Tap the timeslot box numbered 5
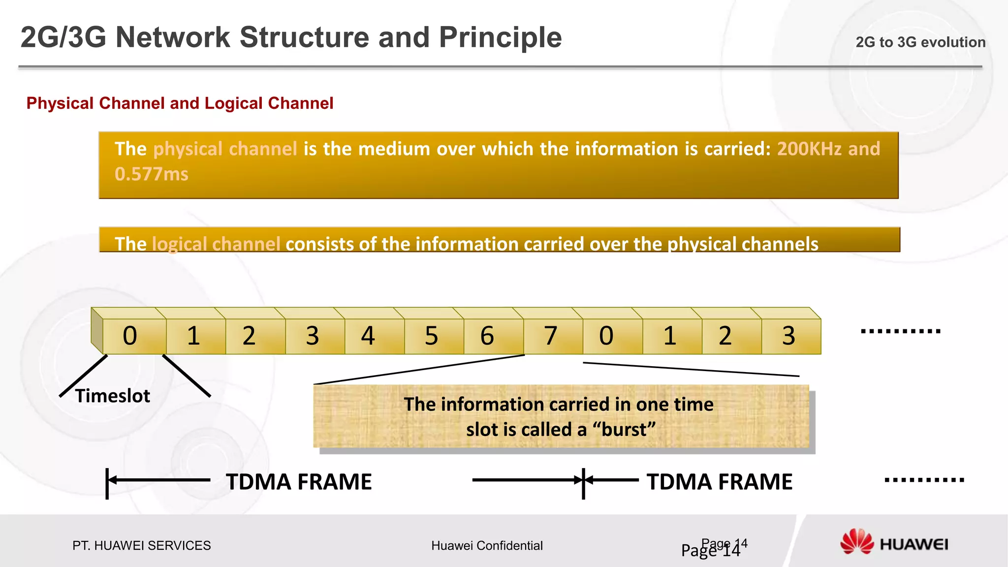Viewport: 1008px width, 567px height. click(x=434, y=336)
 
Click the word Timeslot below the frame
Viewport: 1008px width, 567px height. click(x=113, y=396)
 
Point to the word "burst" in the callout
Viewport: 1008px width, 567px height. click(x=624, y=430)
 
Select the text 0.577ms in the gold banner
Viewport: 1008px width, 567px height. click(x=152, y=174)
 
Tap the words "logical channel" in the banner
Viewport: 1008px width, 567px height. click(x=216, y=244)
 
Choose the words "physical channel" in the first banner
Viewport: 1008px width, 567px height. click(x=225, y=149)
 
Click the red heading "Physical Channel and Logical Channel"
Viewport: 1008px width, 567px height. click(x=180, y=103)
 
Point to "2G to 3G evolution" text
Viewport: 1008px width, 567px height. click(x=920, y=42)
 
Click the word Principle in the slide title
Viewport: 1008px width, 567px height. click(x=500, y=37)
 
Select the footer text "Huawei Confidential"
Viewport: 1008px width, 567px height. click(x=487, y=545)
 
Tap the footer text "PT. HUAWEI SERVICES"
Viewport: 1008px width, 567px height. click(x=141, y=545)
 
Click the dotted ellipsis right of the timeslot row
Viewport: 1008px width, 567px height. click(x=901, y=331)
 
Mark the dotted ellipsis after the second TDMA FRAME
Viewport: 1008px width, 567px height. click(x=924, y=480)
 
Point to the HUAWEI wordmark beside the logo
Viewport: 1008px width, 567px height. click(x=913, y=544)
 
